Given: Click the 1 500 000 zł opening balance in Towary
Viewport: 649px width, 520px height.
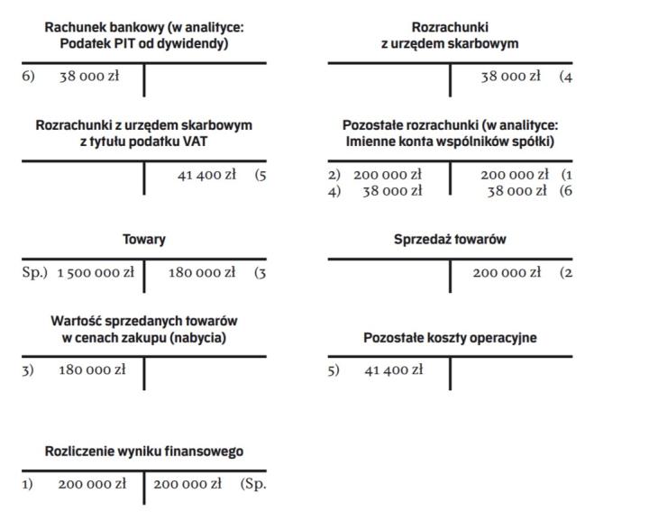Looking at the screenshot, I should tap(96, 272).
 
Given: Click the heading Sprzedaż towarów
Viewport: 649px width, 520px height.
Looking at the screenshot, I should tap(450, 240).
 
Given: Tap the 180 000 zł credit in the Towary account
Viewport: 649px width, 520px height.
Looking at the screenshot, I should tap(202, 272).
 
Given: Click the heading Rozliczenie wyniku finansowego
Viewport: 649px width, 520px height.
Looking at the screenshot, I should tap(144, 451).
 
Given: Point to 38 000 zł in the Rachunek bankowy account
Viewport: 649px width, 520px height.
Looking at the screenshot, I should tap(89, 77).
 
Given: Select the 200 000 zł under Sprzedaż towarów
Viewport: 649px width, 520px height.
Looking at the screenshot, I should tap(507, 272).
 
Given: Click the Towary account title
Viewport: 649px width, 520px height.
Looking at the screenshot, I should tap(144, 240).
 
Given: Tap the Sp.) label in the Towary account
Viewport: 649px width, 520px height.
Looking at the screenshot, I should tap(34, 272).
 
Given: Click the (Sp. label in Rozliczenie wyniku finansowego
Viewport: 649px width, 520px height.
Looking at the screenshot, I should tap(253, 484).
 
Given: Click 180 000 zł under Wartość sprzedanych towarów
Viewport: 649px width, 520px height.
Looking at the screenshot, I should tap(92, 369).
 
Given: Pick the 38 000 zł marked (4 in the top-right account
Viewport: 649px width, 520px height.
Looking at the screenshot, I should tap(510, 77).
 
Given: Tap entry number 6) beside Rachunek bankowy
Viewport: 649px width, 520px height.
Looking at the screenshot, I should tap(28, 77).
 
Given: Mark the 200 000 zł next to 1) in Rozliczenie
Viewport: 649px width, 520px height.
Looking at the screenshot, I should tap(92, 484).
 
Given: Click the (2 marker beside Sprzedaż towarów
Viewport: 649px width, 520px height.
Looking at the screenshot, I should tap(566, 272).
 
